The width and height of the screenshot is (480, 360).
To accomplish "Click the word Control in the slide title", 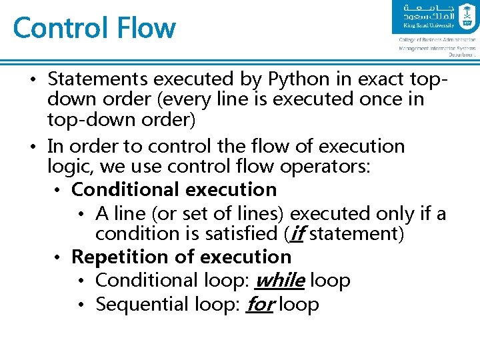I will coord(60,28).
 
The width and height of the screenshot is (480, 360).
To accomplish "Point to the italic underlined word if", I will coord(297,234).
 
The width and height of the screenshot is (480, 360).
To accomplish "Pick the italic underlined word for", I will coord(260,305).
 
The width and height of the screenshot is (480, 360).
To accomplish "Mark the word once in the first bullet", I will coord(375,100).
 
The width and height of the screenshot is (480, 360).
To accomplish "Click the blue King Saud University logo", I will coord(435,18).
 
